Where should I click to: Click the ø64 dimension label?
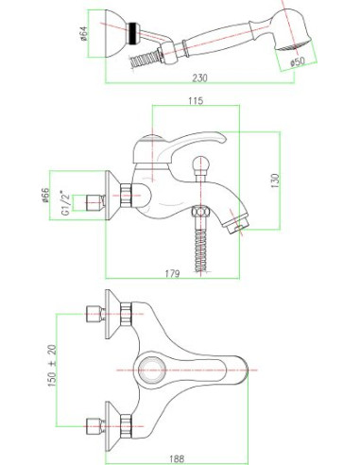click(83, 34)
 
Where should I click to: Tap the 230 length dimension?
click(199, 77)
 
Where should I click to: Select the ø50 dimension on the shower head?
click(298, 61)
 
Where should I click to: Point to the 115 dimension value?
click(196, 101)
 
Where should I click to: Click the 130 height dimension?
click(275, 181)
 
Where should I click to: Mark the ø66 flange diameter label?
click(45, 196)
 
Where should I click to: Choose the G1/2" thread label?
click(65, 202)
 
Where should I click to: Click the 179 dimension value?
click(172, 274)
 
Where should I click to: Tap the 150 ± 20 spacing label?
click(52, 366)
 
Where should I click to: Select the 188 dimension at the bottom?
click(177, 458)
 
